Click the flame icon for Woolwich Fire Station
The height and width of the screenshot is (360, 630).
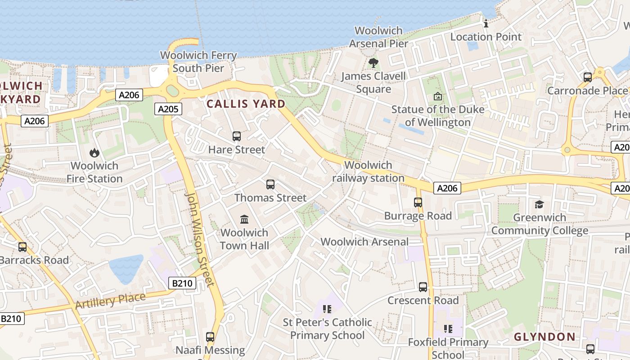coord(94,153)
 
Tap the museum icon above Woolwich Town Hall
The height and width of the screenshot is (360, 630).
coord(244,219)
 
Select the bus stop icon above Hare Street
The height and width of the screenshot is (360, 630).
coord(237,136)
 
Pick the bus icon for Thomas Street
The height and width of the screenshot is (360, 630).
coord(270,184)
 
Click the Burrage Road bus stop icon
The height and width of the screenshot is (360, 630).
coord(418,202)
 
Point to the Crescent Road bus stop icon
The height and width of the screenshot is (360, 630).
coord(423,287)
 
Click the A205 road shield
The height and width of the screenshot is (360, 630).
coord(168,108)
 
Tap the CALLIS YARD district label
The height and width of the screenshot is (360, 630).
coord(246,104)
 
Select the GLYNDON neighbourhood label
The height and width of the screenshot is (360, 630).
coord(544,337)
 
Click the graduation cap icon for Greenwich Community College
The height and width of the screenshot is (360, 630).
coord(539,205)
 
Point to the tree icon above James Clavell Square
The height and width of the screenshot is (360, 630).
coord(373,63)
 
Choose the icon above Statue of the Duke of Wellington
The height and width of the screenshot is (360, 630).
coord(437,96)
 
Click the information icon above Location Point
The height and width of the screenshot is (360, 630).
coord(486,23)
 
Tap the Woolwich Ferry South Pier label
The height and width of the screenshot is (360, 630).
coord(198,62)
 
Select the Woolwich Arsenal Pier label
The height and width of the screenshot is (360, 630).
coord(378,37)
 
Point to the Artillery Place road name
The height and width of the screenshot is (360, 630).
coord(110,301)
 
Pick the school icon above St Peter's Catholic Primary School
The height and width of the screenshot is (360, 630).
coord(327,309)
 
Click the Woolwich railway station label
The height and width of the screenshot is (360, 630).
coord(368,171)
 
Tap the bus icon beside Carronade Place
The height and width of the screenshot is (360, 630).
coord(587,77)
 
